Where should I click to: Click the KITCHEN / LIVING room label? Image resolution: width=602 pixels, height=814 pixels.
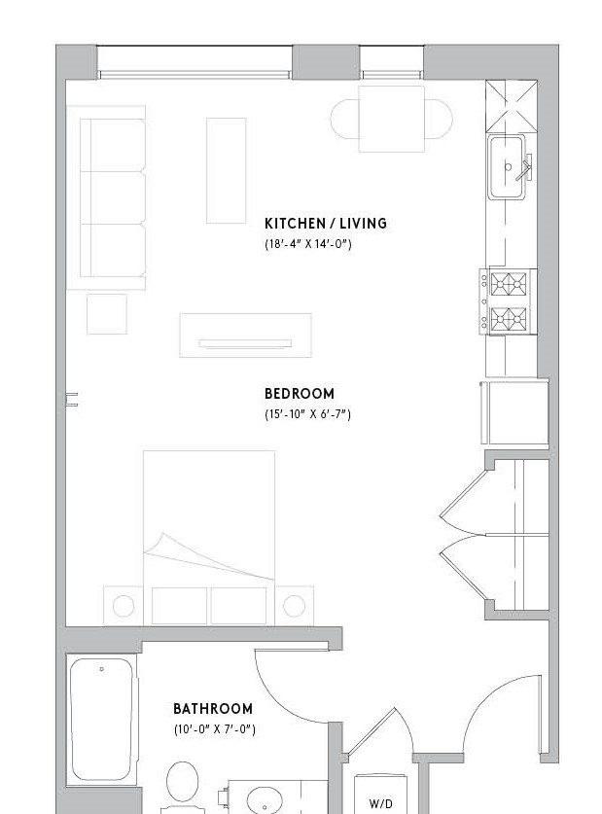326,224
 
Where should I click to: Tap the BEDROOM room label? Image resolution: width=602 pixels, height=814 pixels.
300,394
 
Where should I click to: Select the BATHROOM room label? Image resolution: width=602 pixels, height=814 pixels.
213,709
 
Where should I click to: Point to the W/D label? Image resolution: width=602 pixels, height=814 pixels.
380,804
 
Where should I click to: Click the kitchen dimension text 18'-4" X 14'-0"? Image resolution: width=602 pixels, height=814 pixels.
307,244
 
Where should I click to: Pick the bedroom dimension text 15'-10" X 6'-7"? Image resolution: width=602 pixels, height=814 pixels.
307,414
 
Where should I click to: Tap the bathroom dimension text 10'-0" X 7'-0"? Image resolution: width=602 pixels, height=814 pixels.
215,728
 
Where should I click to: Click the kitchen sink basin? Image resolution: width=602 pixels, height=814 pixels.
507,166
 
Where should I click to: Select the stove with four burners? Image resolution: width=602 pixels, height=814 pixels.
508,301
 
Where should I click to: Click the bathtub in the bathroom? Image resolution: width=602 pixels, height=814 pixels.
102,719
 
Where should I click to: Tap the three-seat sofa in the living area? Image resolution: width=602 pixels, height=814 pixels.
113,197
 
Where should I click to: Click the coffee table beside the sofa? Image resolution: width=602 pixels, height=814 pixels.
227,170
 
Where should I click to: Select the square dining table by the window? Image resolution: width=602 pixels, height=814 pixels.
392,119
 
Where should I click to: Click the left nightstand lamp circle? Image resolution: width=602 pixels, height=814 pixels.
124,606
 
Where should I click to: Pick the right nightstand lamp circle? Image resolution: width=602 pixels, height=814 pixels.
294,605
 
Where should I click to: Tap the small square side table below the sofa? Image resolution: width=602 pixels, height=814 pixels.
107,314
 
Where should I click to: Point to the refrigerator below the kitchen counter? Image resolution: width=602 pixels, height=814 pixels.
514,412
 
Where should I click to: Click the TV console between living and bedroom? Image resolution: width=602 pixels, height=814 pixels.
245,335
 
